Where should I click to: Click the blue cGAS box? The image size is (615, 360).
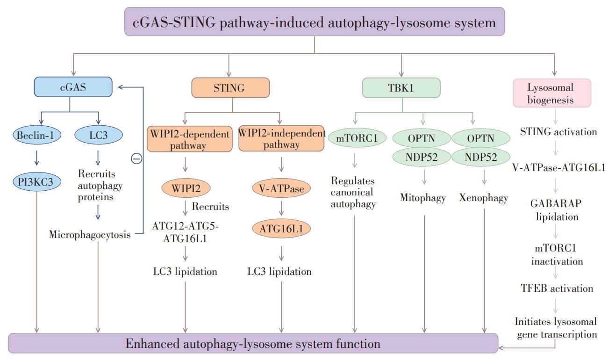tap(73, 87)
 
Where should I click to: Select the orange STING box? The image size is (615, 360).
tap(231, 87)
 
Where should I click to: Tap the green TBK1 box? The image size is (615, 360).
tap(401, 87)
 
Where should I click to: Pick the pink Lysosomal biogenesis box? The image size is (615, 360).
tap(552, 93)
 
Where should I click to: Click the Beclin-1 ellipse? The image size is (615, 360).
tap(37, 135)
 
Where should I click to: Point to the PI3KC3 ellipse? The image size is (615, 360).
tap(37, 181)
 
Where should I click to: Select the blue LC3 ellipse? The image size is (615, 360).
tap(99, 135)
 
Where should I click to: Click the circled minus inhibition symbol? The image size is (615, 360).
tap(136, 158)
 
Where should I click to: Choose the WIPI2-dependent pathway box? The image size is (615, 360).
tap(190, 139)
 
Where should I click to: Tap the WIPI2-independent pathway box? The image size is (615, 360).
tap(281, 138)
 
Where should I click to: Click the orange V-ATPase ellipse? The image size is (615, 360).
tap(281, 188)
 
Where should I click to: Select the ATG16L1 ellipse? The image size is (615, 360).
tap(281, 228)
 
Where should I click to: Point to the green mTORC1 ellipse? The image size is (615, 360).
tap(357, 137)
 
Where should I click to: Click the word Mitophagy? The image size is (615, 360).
tap(423, 198)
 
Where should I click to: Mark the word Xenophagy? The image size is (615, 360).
tap(484, 198)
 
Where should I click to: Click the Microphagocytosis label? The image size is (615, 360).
tap(90, 235)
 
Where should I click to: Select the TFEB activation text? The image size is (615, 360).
tap(557, 288)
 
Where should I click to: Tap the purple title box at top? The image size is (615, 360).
tap(315, 22)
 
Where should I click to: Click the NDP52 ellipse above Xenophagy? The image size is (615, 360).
tap(481, 157)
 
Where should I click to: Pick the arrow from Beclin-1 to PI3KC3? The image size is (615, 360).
tap(37, 158)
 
